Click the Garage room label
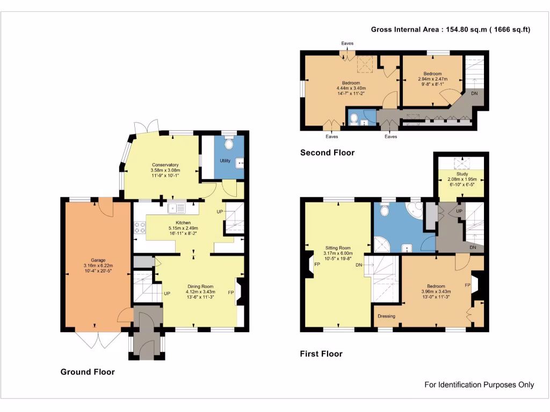point(98,260)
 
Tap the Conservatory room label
point(165,165)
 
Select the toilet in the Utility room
point(229,143)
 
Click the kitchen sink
point(176,208)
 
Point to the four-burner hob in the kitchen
point(140,227)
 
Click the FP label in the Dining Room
point(231,292)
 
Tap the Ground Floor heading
point(88,372)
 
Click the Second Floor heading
point(327,152)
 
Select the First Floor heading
point(321,354)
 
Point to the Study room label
point(462,174)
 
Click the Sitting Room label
point(338,248)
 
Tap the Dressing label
point(387,316)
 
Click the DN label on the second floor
point(474,93)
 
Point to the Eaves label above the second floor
point(348,43)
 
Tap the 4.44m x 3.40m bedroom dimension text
point(351,89)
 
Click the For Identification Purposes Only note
point(479,385)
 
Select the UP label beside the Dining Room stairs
point(167,293)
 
